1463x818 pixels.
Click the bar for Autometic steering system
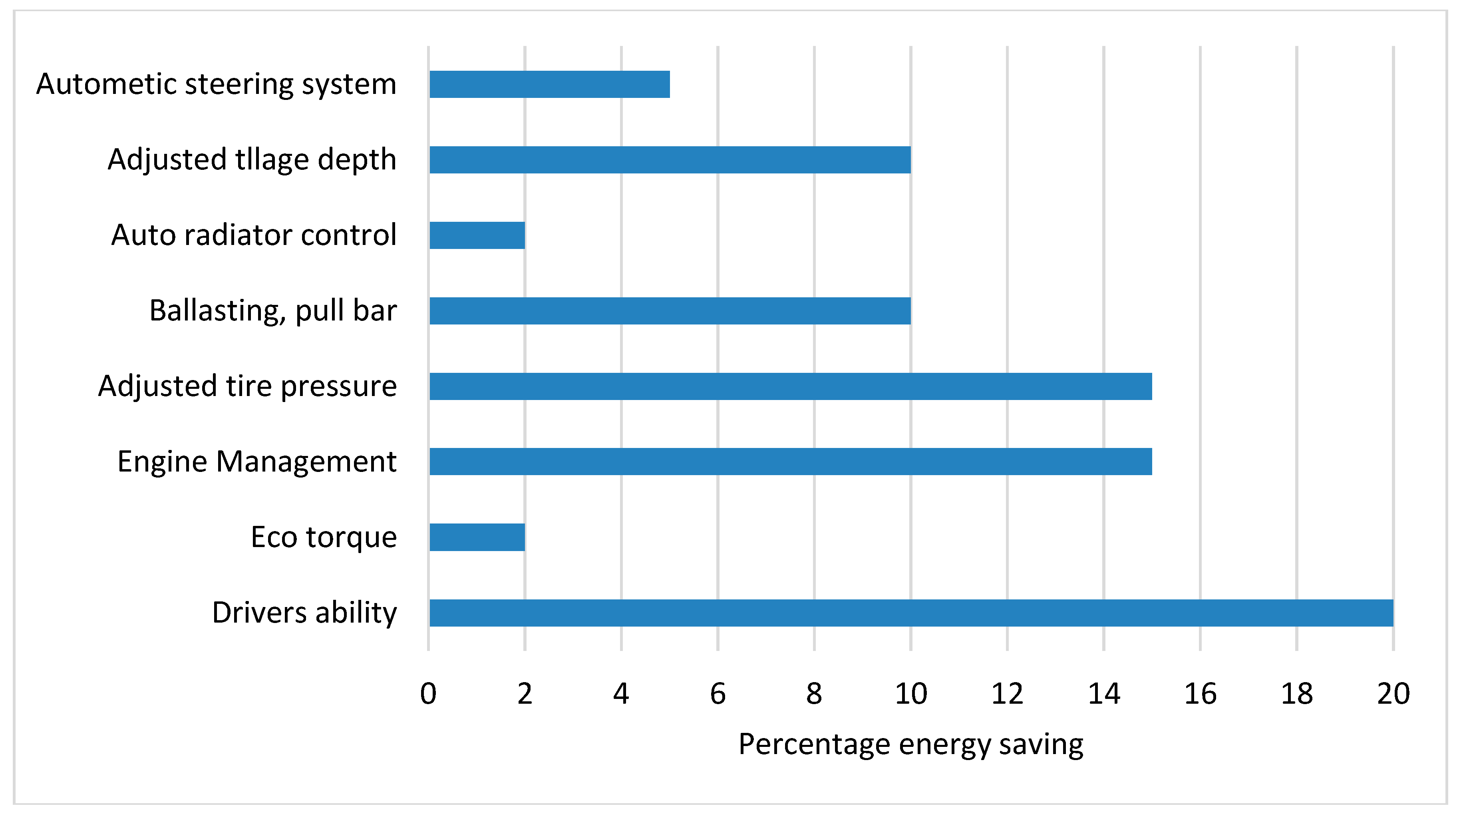pos(549,84)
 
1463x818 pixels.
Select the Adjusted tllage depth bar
pos(670,159)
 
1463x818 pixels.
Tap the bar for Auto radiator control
pos(477,235)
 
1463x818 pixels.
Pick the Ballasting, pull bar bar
pos(670,311)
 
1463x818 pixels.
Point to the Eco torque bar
pos(477,537)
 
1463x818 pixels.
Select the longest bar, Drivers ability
pos(911,612)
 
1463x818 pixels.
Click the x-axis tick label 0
pos(428,694)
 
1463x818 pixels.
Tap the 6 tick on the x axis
pos(718,694)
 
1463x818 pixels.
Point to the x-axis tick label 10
pos(911,694)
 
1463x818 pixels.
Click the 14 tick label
pos(1103,694)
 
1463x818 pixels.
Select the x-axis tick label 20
pos(1393,694)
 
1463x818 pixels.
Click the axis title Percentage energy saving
pos(910,744)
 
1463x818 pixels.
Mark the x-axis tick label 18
pos(1296,694)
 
